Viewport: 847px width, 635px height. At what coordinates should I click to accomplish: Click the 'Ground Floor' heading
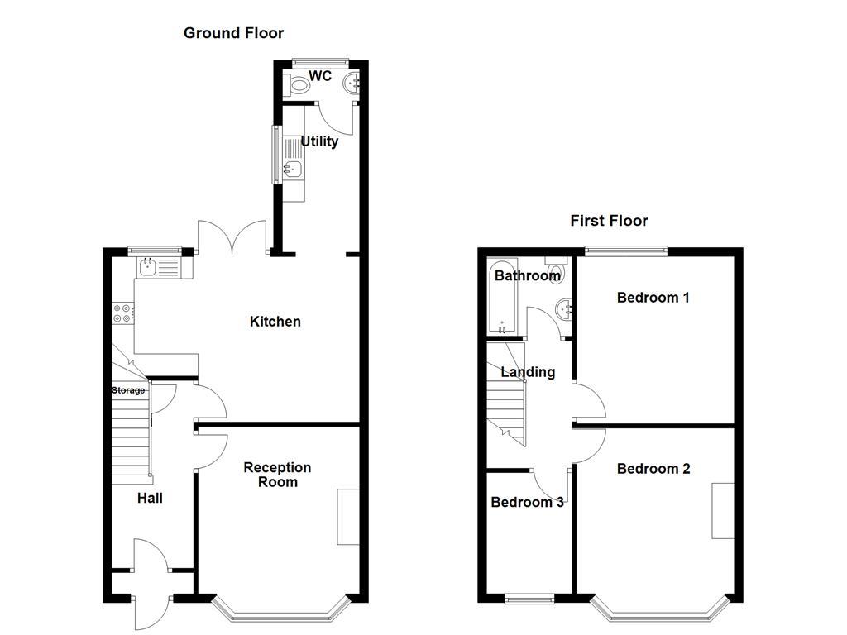(233, 33)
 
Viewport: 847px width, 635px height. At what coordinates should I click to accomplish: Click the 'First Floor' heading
(609, 221)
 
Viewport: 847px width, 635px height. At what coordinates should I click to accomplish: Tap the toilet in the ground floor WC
(297, 84)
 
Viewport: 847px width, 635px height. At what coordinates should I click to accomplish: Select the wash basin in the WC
(353, 82)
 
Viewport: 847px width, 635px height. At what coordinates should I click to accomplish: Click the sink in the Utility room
(292, 169)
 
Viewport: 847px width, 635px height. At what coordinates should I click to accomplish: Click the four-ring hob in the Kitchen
(121, 313)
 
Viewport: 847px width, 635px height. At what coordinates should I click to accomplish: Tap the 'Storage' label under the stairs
(128, 390)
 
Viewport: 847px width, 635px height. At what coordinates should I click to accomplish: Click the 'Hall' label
(150, 498)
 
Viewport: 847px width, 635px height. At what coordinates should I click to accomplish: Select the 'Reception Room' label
(277, 475)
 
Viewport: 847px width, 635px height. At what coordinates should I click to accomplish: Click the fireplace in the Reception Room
(347, 517)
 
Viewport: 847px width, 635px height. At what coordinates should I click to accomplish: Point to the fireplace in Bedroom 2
(723, 510)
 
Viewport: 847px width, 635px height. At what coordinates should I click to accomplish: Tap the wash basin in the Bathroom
(567, 308)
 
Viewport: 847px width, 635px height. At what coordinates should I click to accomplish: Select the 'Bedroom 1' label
(653, 298)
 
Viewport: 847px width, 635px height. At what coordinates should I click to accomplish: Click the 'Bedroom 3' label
(527, 503)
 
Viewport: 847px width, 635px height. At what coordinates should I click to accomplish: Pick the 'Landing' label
(528, 372)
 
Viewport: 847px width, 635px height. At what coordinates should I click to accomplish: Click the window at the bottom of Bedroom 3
(529, 598)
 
